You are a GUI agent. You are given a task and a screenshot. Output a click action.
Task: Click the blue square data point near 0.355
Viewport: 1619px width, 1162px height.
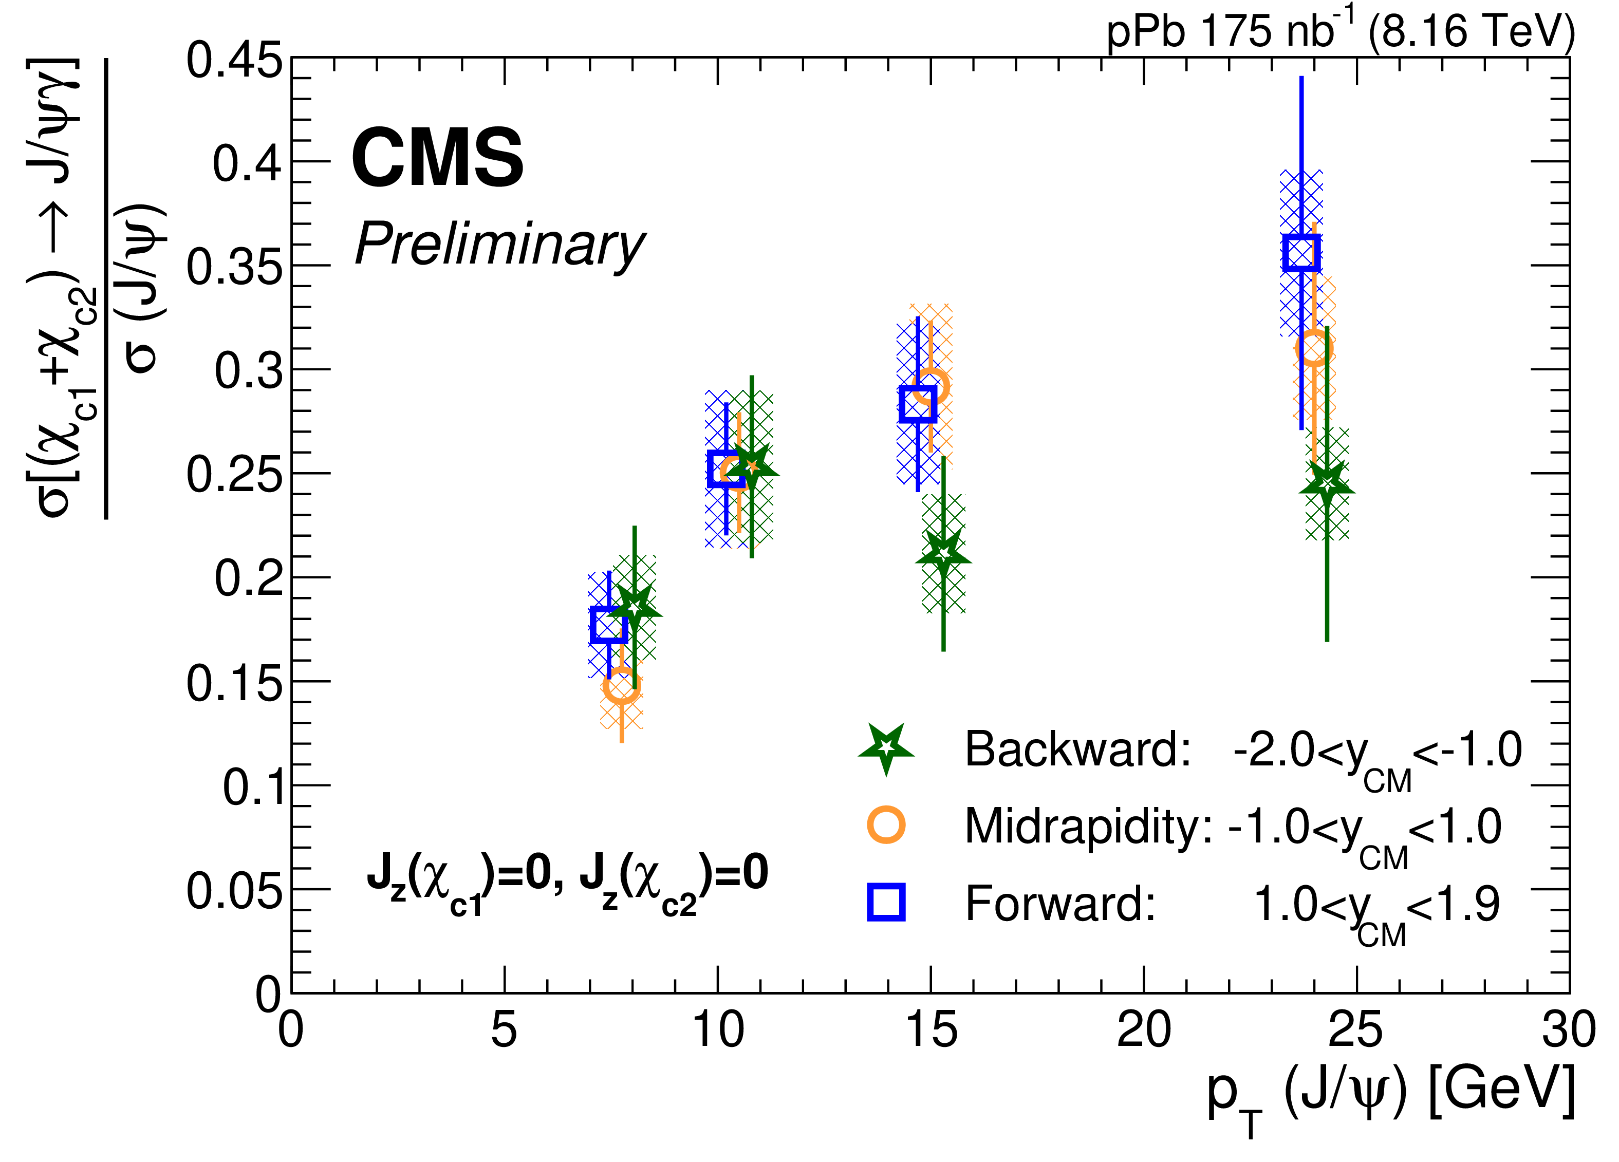pyautogui.click(x=1300, y=253)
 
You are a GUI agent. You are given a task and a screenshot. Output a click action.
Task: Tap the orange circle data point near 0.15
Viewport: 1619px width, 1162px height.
pyautogui.click(x=621, y=686)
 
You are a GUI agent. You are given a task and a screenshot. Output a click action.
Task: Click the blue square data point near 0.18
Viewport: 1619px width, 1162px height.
pyautogui.click(x=609, y=625)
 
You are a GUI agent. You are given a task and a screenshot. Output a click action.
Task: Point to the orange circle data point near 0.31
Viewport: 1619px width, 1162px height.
pyautogui.click(x=1313, y=348)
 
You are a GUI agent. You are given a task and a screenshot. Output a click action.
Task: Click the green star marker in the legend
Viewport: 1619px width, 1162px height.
pyautogui.click(x=886, y=747)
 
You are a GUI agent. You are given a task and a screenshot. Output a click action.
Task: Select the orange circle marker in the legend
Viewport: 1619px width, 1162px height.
pyautogui.click(x=886, y=825)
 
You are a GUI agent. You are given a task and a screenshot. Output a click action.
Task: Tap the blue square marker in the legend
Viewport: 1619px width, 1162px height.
pyautogui.click(x=886, y=902)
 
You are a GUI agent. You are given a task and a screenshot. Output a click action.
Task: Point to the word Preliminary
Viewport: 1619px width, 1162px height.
pyautogui.click(x=500, y=244)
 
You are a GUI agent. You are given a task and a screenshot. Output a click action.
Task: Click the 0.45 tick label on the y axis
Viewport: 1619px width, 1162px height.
pyautogui.click(x=234, y=60)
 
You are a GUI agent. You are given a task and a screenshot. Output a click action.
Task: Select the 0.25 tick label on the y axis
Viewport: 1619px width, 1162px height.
pyautogui.click(x=234, y=475)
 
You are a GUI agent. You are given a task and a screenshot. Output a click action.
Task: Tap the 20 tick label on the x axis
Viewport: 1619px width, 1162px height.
pyautogui.click(x=1144, y=1030)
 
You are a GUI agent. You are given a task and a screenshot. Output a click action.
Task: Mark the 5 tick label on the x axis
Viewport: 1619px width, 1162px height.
pyautogui.click(x=504, y=1030)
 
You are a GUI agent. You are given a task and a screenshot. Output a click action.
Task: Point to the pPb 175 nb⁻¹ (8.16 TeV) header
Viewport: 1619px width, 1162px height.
pyautogui.click(x=1341, y=32)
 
